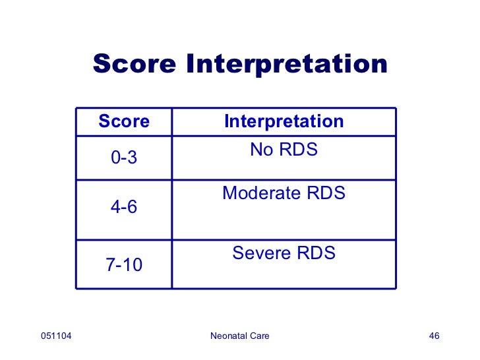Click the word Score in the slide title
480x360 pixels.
135,65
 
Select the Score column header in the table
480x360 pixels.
124,122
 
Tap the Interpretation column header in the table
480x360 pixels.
284,122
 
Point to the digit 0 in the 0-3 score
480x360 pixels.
115,158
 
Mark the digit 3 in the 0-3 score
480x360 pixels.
133,158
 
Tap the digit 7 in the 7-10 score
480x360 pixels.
110,266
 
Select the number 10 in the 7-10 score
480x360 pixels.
133,266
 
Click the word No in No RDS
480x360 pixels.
260,150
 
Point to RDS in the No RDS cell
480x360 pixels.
299,150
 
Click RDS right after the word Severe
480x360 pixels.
316,253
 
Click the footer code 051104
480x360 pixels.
56,337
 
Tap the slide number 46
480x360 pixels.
434,337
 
